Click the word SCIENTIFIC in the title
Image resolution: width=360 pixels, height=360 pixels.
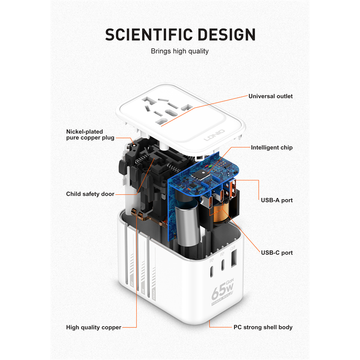point(149,35)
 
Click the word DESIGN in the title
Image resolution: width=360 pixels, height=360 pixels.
point(226,35)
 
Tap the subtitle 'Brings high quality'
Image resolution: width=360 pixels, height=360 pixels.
point(180,51)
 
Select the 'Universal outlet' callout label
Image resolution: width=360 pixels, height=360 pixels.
point(271,96)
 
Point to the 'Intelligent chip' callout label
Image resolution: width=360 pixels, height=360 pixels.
point(272,147)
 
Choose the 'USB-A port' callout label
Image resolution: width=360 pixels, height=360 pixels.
point(276,200)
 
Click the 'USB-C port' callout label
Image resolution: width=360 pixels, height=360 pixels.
point(276,253)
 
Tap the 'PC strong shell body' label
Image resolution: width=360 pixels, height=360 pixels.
point(263,327)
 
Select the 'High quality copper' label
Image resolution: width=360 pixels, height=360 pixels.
point(94,327)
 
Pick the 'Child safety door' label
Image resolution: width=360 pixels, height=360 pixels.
point(90,194)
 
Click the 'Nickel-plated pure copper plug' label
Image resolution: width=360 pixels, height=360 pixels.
point(90,134)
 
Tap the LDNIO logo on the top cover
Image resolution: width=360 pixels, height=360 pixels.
point(214,135)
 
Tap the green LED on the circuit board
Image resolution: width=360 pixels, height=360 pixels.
point(210,166)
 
